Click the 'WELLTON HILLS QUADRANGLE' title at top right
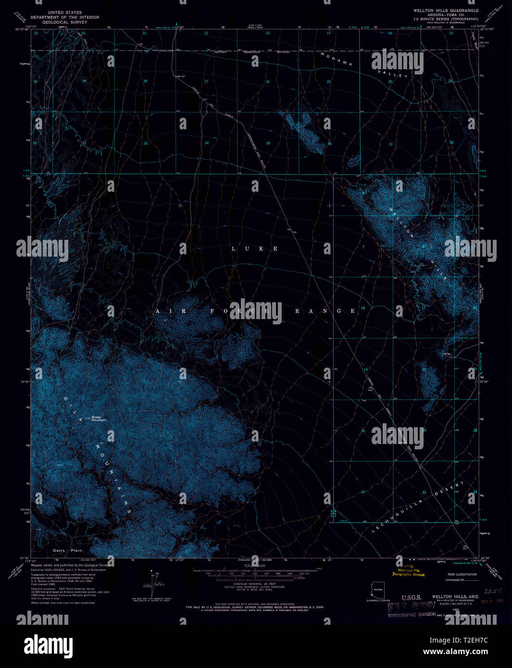(x=446, y=10)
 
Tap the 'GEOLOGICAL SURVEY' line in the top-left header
(x=65, y=22)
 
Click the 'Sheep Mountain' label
(x=99, y=419)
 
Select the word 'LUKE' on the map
(x=255, y=248)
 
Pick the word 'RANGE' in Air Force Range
(x=325, y=311)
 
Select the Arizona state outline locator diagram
(x=377, y=591)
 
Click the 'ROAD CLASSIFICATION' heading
(x=462, y=574)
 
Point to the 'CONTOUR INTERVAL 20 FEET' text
(x=254, y=584)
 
